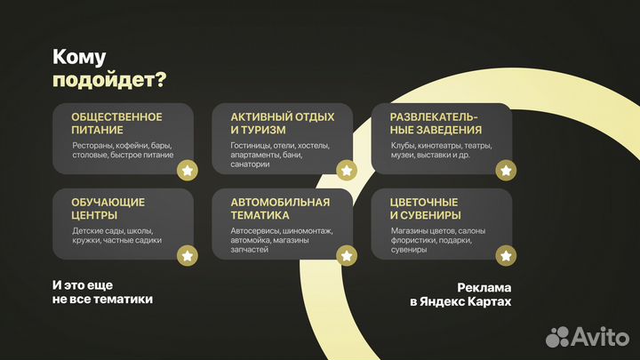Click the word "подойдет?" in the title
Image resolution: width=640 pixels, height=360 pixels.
click(109, 80)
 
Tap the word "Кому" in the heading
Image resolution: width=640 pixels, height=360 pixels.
click(79, 57)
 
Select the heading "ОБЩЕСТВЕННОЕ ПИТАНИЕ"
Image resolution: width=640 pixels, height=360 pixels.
click(116, 123)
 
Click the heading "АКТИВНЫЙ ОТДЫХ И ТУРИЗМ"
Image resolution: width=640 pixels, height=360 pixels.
click(282, 123)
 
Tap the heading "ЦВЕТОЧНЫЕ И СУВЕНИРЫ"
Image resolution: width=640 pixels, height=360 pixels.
click(425, 208)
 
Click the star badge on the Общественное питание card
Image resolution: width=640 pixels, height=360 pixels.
click(188, 171)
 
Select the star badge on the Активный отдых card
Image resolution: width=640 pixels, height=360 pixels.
click(347, 171)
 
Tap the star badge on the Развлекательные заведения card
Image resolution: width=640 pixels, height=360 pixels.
click(505, 171)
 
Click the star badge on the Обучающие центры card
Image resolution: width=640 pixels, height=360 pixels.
click(188, 256)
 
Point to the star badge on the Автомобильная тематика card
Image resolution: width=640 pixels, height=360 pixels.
click(347, 256)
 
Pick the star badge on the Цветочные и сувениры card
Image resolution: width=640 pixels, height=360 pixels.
click(505, 256)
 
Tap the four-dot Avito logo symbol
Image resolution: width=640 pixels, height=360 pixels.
click(557, 336)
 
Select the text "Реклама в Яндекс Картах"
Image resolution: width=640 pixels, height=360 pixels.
click(460, 295)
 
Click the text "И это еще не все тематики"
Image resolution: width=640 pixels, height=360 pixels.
click(102, 292)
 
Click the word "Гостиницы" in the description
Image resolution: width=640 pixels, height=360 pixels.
click(251, 145)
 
